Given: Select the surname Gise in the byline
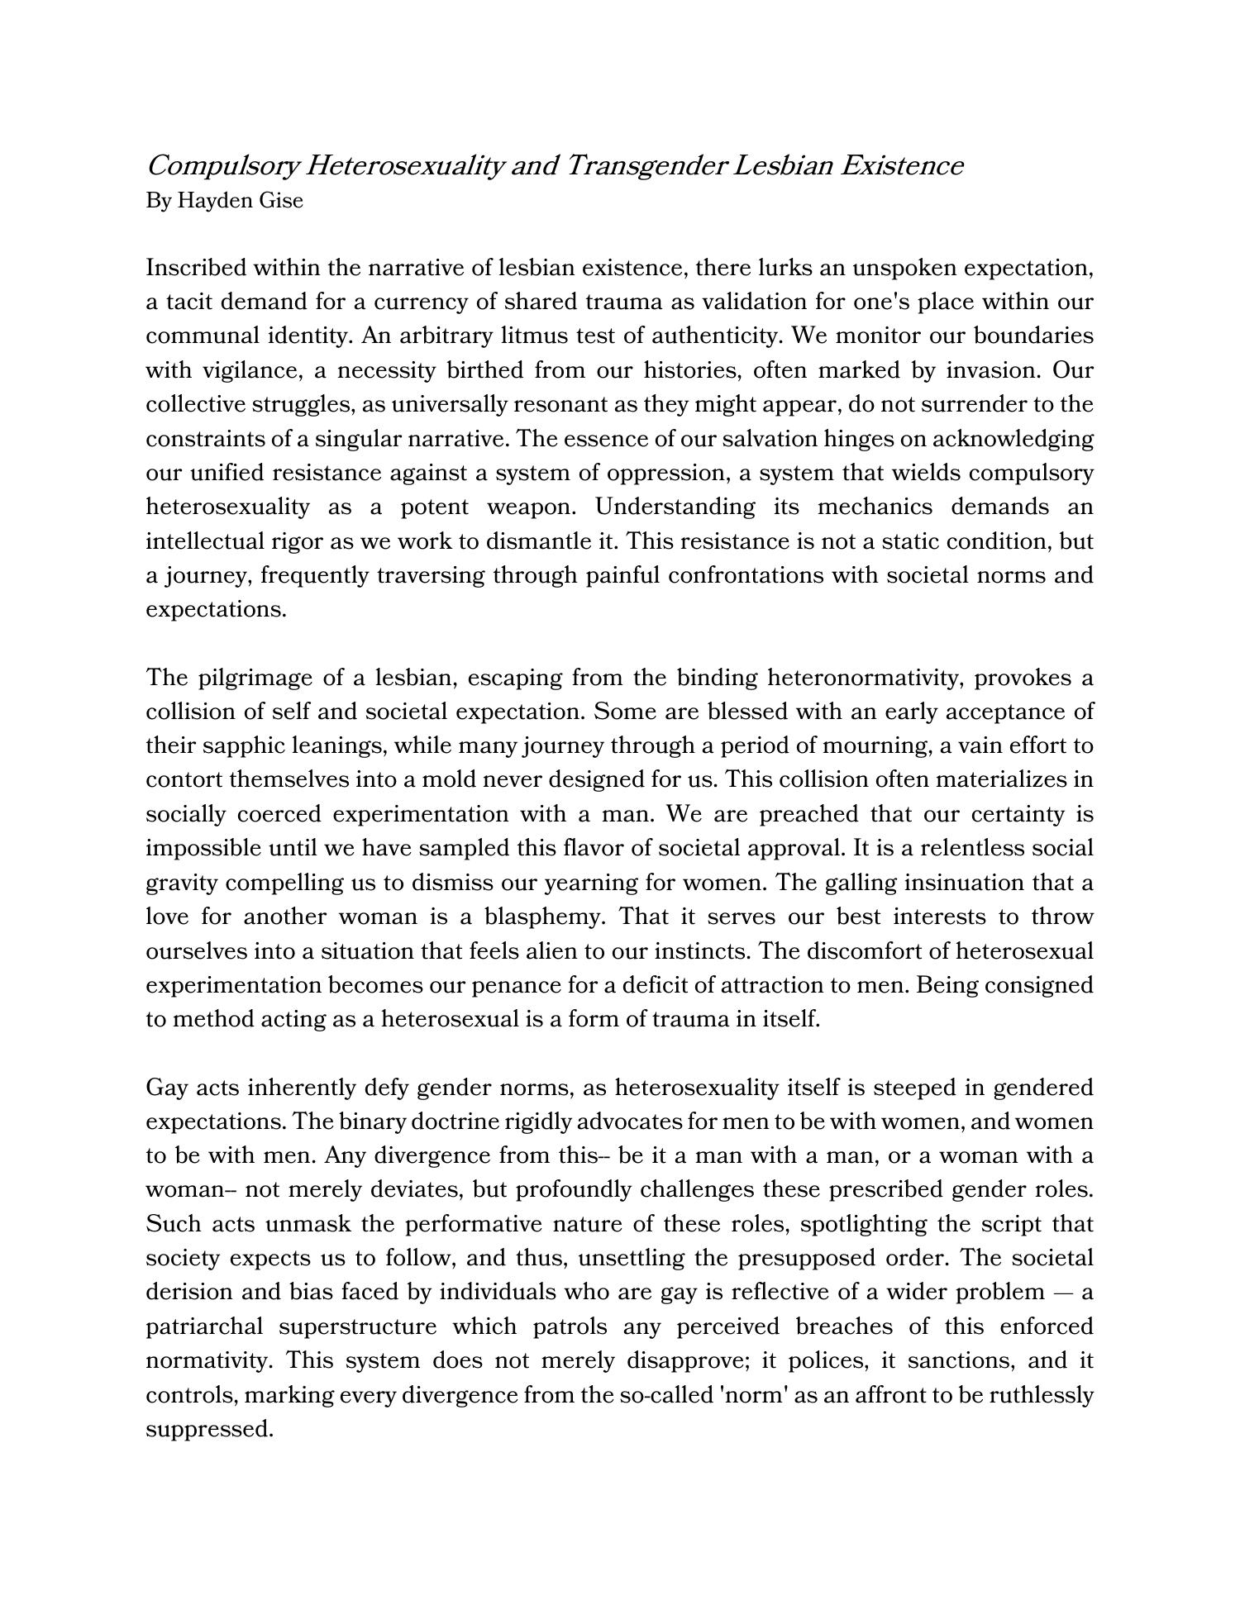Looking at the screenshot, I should pos(281,201).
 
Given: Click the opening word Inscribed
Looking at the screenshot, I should pos(196,268).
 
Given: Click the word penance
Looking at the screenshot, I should pos(505,985).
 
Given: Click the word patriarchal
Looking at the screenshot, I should pos(204,1326).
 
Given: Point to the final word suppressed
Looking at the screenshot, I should pos(209,1429).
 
